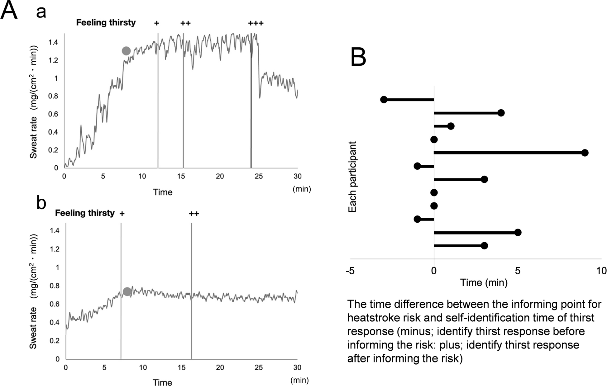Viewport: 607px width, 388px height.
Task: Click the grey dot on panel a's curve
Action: [126, 51]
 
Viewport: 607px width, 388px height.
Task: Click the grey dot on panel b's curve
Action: [127, 291]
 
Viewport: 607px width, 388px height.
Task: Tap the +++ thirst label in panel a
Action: [256, 23]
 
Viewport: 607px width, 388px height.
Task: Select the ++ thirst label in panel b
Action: [194, 214]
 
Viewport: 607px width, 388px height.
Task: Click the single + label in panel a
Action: [157, 23]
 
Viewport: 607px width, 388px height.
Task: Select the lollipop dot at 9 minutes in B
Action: [585, 153]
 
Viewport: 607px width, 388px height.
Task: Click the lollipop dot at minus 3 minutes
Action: [384, 100]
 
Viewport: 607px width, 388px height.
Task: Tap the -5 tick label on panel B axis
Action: [350, 271]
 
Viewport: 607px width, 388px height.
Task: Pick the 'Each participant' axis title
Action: [352, 177]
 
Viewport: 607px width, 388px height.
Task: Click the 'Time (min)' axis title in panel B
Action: [484, 283]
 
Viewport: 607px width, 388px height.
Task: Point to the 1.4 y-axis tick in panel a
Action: [54, 42]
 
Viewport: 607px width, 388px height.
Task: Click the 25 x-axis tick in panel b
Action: [259, 368]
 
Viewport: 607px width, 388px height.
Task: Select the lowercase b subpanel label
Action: [41, 203]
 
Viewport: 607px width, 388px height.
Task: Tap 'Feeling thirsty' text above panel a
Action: [106, 23]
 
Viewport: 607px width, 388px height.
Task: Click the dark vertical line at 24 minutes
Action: [251, 103]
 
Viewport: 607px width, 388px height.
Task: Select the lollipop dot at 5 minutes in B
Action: [518, 233]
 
